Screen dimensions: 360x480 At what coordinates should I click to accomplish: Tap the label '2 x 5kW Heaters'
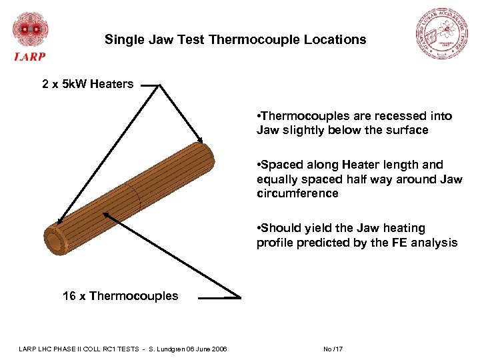click(88, 84)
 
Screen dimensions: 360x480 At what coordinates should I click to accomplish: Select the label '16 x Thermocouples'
click(120, 296)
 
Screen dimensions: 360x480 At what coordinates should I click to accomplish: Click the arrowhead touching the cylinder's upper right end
click(200, 140)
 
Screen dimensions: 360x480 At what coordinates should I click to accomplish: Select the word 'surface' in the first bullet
click(406, 131)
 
